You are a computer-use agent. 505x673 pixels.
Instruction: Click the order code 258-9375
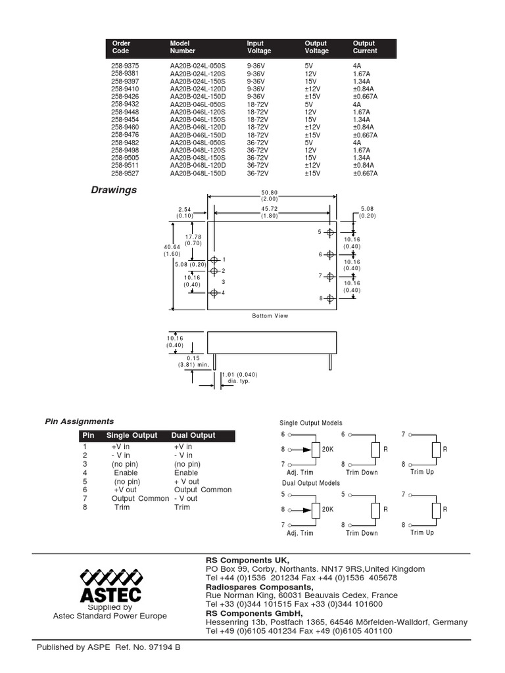[x=125, y=65]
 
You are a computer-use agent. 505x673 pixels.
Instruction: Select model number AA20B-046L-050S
[x=197, y=104]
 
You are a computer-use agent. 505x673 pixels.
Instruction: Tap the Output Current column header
[x=365, y=47]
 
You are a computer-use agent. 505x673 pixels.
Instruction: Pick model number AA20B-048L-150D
[x=197, y=174]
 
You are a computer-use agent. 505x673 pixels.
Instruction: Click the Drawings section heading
[x=114, y=190]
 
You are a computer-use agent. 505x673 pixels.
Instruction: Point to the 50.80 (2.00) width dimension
[x=270, y=195]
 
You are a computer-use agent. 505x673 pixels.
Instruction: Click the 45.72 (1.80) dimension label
[x=270, y=212]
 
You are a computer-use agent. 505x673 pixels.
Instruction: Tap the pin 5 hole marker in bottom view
[x=330, y=232]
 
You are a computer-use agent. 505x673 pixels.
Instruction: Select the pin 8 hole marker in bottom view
[x=330, y=298]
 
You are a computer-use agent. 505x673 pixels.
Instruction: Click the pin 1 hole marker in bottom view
[x=214, y=260]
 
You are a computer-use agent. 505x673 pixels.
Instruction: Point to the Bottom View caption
[x=270, y=316]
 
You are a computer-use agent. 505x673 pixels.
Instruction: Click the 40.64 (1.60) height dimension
[x=172, y=250]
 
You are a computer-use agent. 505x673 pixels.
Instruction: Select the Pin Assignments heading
[x=79, y=421]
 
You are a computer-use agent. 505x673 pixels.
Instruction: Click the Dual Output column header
[x=193, y=435]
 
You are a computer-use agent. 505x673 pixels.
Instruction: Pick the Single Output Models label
[x=311, y=423]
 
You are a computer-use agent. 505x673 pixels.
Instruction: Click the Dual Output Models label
[x=308, y=483]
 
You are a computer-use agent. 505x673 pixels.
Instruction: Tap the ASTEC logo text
[x=110, y=595]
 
